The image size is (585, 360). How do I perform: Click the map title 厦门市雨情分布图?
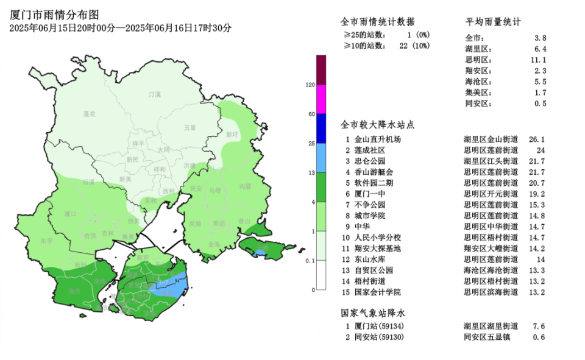pyautogui.click(x=55, y=15)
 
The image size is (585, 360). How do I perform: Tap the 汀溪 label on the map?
pyautogui.click(x=155, y=94)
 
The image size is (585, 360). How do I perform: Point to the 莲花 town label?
pyautogui.click(x=90, y=114)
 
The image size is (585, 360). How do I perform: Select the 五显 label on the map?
pyautogui.click(x=190, y=128)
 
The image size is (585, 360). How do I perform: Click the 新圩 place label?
pyautogui.click(x=232, y=134)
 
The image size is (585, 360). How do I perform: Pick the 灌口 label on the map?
pyautogui.click(x=70, y=214)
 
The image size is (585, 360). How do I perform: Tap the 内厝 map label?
pyautogui.click(x=245, y=186)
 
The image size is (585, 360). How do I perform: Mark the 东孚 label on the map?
pyautogui.click(x=46, y=241)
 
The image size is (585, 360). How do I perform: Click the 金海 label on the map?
pyautogui.click(x=214, y=244)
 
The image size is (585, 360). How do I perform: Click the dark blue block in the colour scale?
pyautogui.click(x=321, y=129)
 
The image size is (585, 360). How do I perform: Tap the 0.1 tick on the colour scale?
pyautogui.click(x=310, y=261)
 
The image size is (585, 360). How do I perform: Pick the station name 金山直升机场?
pyautogui.click(x=378, y=139)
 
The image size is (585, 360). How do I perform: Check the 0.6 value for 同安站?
pyautogui.click(x=540, y=337)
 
